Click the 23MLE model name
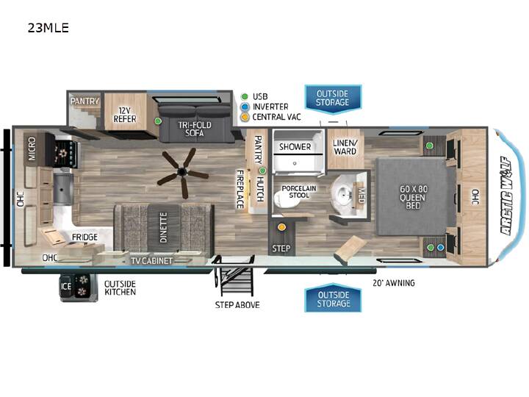[x=48, y=28]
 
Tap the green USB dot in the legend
[x=245, y=96]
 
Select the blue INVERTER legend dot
[x=245, y=107]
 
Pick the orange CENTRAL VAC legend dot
[x=245, y=117]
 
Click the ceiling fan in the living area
[x=183, y=173]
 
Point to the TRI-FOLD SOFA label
[x=195, y=129]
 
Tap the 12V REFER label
[x=125, y=115]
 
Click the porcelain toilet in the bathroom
[x=281, y=199]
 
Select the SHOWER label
[x=295, y=147]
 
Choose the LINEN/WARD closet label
[x=345, y=147]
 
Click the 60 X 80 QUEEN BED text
[x=413, y=197]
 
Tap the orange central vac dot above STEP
[x=281, y=227]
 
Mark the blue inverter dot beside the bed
[x=440, y=248]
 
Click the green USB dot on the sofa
[x=157, y=121]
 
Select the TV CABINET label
[x=151, y=261]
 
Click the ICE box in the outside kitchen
[x=65, y=286]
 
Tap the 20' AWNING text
[x=394, y=283]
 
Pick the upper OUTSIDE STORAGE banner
[x=333, y=98]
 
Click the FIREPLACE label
[x=240, y=189]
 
